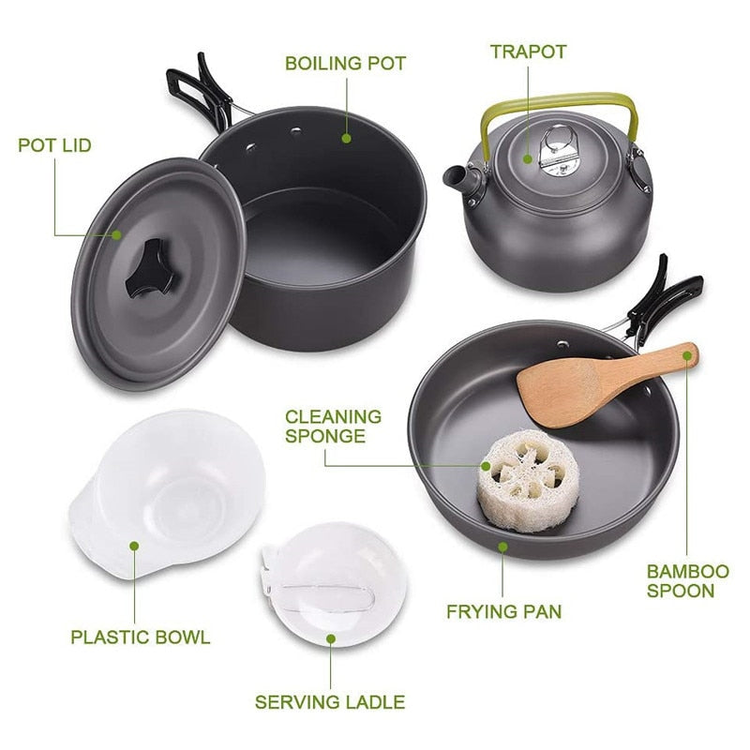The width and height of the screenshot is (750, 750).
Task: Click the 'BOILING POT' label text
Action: pos(345,64)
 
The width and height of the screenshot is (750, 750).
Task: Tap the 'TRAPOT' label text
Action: pos(528,51)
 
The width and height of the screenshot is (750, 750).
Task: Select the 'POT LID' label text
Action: pos(54,145)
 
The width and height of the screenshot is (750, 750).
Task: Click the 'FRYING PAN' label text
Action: pos(503,612)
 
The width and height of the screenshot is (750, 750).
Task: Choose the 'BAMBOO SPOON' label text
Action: pos(687,581)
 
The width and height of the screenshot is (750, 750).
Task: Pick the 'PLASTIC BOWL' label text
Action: pos(141,637)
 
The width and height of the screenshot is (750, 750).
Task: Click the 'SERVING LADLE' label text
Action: pos(330,701)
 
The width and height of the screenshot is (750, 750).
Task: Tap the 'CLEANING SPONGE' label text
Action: pos(333,426)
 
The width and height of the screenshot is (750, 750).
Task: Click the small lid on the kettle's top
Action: pos(558,150)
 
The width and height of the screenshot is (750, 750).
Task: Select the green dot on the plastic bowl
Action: pos(135,545)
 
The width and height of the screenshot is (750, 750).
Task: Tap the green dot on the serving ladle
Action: pos(330,638)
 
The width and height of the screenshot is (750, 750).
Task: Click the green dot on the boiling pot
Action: pos(346,138)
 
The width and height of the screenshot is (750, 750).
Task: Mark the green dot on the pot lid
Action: pos(117,234)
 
